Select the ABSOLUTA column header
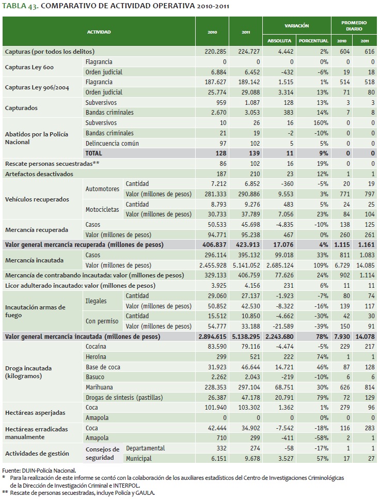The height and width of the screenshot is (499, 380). click(x=279, y=41)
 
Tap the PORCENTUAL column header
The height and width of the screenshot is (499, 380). click(x=313, y=41)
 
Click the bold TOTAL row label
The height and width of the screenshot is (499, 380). click(x=94, y=153)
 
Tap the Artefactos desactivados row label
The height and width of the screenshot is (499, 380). click(x=39, y=174)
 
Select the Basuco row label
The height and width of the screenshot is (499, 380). click(x=95, y=377)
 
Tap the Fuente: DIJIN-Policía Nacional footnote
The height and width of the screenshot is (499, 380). click(x=39, y=471)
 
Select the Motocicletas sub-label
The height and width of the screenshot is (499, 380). click(x=102, y=209)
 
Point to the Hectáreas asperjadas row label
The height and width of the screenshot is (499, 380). click(x=35, y=412)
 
